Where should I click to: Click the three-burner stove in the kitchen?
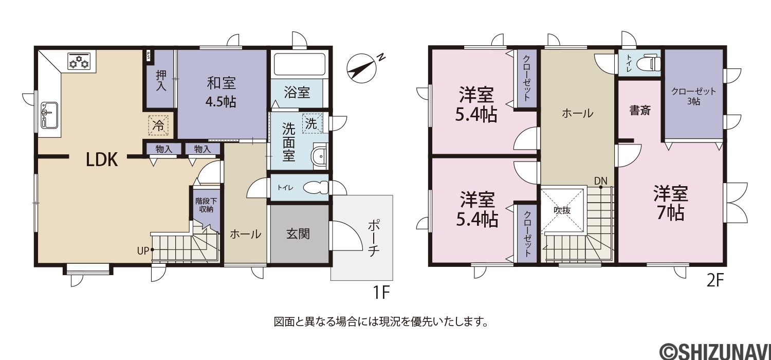[x=79, y=61]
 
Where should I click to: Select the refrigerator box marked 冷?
[x=158, y=125]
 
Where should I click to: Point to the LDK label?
[x=102, y=159]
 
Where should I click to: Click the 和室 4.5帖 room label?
[x=221, y=92]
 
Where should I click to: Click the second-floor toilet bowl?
[x=648, y=63]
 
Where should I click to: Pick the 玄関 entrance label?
[x=298, y=234]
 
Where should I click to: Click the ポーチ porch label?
[x=374, y=239]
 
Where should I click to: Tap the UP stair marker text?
[x=143, y=251]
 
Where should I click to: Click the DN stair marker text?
[x=601, y=181]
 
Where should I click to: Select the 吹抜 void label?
[x=562, y=210]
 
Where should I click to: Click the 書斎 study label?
[x=640, y=111]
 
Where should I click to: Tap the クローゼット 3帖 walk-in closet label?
[x=693, y=97]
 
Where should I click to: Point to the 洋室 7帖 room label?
[x=671, y=203]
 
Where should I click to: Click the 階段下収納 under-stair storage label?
[x=206, y=205]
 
